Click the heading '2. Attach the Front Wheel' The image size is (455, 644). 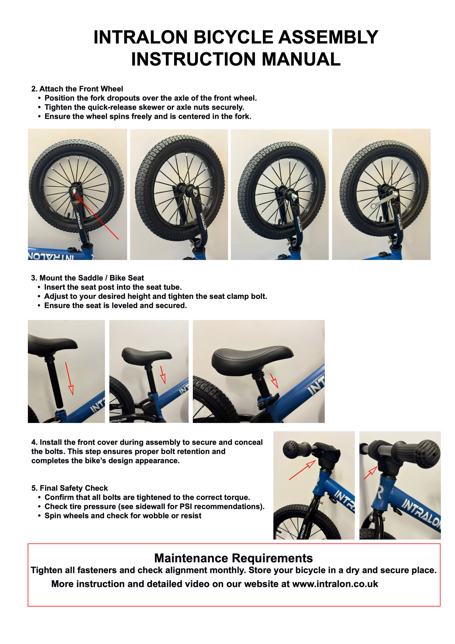tap(77, 89)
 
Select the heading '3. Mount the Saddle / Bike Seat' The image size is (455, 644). tap(87, 278)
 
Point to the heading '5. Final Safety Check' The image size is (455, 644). tap(70, 488)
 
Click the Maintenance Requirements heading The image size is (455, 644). tap(233, 558)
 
